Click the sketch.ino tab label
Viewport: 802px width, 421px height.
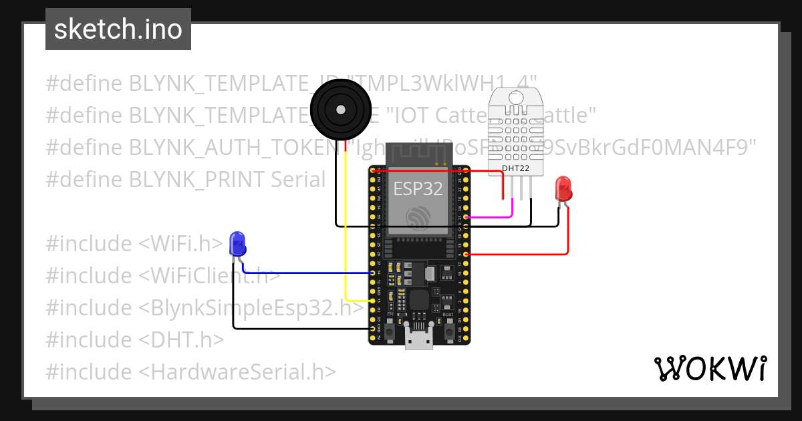[x=118, y=29]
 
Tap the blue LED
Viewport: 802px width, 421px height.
[x=237, y=244]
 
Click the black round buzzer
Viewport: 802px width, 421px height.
[x=341, y=108]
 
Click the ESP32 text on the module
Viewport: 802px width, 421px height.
[x=418, y=188]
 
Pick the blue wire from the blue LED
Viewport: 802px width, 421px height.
[x=307, y=273]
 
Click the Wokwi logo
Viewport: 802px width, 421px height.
[x=710, y=368]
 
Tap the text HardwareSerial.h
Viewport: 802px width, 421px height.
[x=243, y=372]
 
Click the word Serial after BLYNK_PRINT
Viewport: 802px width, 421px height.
[x=298, y=180]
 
